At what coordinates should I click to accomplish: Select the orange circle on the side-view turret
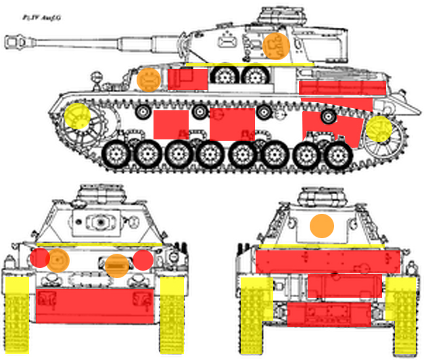[x=277, y=44]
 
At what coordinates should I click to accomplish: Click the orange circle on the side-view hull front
[x=149, y=79]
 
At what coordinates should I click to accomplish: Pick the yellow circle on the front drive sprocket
[x=78, y=116]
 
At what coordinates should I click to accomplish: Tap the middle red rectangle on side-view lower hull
[x=232, y=123]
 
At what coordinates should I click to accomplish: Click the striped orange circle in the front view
[x=117, y=265]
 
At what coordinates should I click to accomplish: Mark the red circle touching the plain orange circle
[x=40, y=258]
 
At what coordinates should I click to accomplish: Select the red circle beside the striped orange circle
[x=143, y=260]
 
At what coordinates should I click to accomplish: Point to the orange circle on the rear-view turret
[x=323, y=225]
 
